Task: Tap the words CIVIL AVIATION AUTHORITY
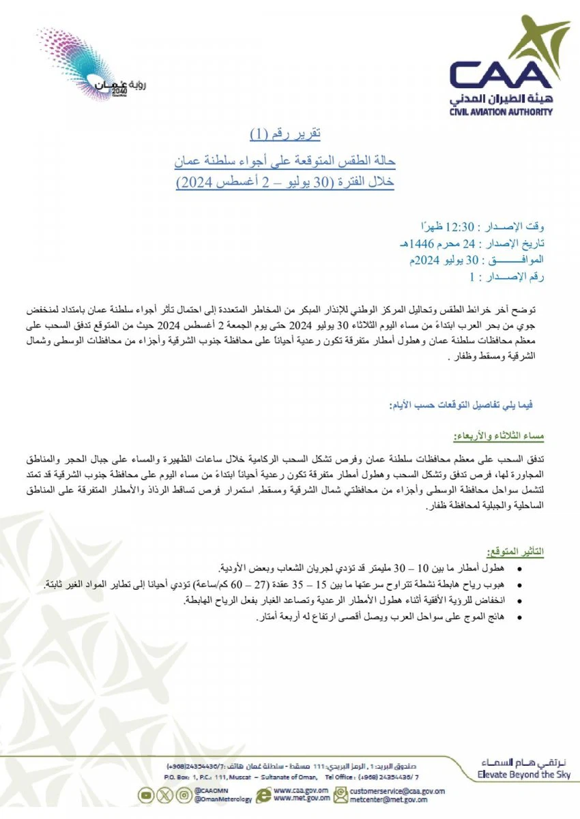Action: click(502, 112)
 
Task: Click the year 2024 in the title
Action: click(194, 183)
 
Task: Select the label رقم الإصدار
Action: click(514, 278)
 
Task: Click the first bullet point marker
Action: click(521, 569)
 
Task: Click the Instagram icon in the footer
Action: click(183, 794)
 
